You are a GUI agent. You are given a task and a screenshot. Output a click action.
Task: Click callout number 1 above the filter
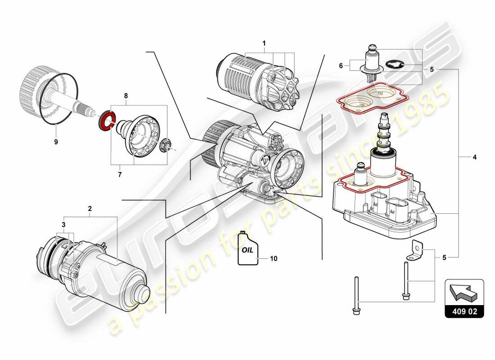tap(264, 44)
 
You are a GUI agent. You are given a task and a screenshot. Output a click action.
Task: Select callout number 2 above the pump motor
tap(90, 208)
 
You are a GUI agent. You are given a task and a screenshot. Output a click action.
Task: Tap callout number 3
tap(64, 224)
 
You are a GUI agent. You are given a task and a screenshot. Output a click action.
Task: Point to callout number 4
tap(474, 157)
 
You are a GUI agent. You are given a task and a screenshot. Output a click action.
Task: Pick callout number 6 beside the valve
tap(341, 66)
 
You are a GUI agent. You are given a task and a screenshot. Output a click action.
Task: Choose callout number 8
tap(126, 95)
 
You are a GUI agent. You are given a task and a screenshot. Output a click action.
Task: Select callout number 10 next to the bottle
tap(274, 259)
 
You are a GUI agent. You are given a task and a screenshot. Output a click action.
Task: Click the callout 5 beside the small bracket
tap(444, 258)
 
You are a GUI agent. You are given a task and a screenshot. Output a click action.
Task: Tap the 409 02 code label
tap(464, 310)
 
